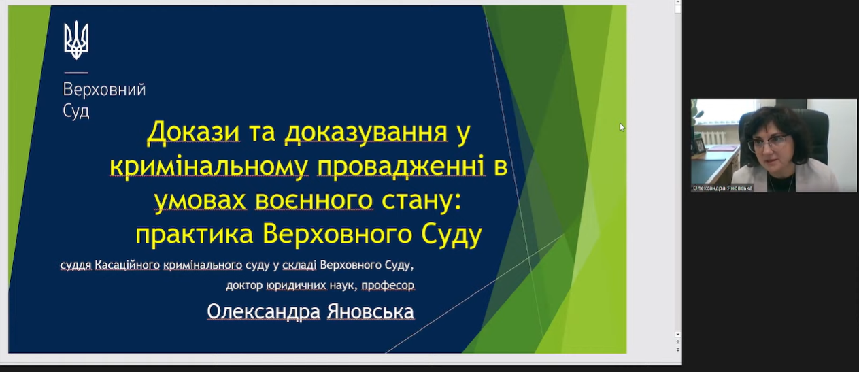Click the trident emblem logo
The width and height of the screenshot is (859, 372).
[x=76, y=40]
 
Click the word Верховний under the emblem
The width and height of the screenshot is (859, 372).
[x=104, y=90]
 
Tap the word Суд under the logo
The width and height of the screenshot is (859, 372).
[x=76, y=112]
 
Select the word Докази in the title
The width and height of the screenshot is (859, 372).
[x=193, y=133]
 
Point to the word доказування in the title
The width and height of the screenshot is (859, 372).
[x=366, y=133]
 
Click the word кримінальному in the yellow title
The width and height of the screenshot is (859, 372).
[x=209, y=167]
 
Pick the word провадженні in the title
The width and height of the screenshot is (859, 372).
[x=401, y=167]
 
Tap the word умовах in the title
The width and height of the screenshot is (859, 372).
[x=200, y=201]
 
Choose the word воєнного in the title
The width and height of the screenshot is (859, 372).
[x=314, y=201]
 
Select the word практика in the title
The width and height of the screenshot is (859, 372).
[x=195, y=235]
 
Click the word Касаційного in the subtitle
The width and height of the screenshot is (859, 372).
[x=127, y=265]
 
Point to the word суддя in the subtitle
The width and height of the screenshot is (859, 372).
[x=75, y=265]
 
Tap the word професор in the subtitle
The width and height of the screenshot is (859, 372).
[x=388, y=286]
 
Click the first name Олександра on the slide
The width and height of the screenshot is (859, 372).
[x=263, y=311]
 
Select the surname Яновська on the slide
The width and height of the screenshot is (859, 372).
[x=371, y=311]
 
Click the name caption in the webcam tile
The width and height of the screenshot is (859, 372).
[x=722, y=188]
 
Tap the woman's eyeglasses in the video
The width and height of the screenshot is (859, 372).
[x=769, y=143]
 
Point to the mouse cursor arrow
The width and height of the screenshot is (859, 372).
[x=622, y=127]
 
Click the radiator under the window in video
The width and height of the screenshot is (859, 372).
[x=713, y=138]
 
